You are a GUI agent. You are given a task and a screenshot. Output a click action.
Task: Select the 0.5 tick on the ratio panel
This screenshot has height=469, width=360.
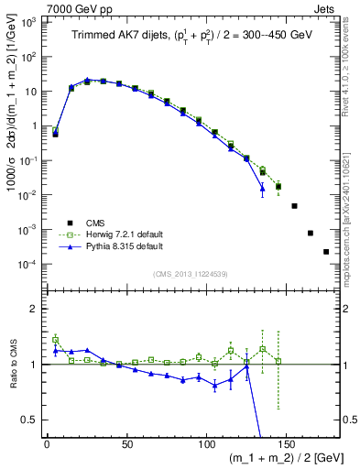[x=29, y=420]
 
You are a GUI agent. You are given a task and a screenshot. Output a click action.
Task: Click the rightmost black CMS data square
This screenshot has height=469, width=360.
[x=326, y=252]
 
